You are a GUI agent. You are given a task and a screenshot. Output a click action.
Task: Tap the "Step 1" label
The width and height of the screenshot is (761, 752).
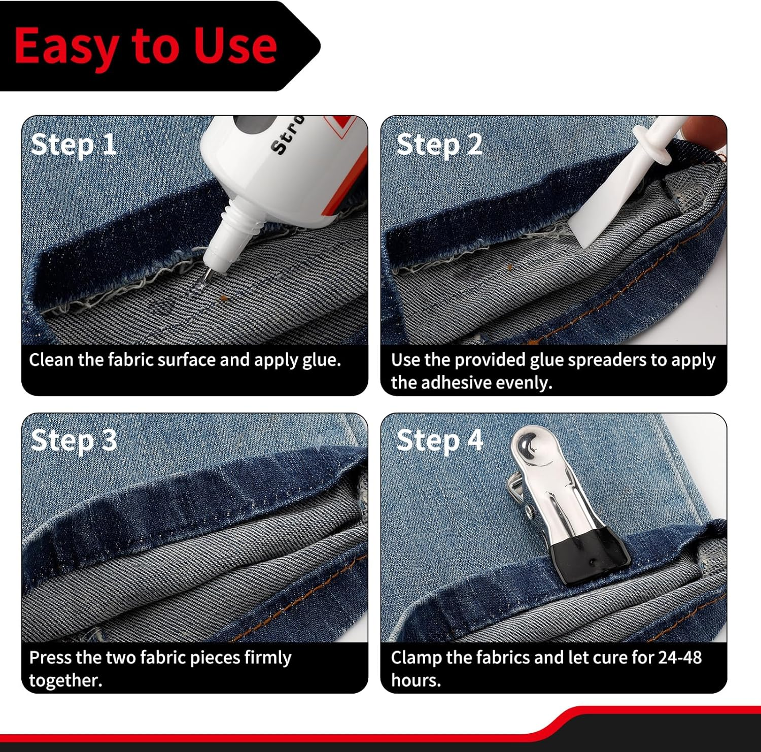[74, 145]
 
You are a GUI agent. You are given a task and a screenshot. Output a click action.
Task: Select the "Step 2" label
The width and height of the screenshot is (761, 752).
[439, 145]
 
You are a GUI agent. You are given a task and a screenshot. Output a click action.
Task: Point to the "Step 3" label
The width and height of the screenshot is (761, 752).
[74, 440]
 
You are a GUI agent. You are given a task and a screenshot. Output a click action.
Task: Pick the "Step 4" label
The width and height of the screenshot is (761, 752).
[439, 440]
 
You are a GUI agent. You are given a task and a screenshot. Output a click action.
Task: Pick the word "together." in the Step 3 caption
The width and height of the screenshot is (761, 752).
[65, 680]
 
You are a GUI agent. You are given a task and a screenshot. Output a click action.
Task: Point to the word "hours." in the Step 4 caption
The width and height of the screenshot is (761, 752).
[416, 680]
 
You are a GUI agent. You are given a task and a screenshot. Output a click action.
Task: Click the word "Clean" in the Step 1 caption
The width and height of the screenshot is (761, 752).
[51, 360]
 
